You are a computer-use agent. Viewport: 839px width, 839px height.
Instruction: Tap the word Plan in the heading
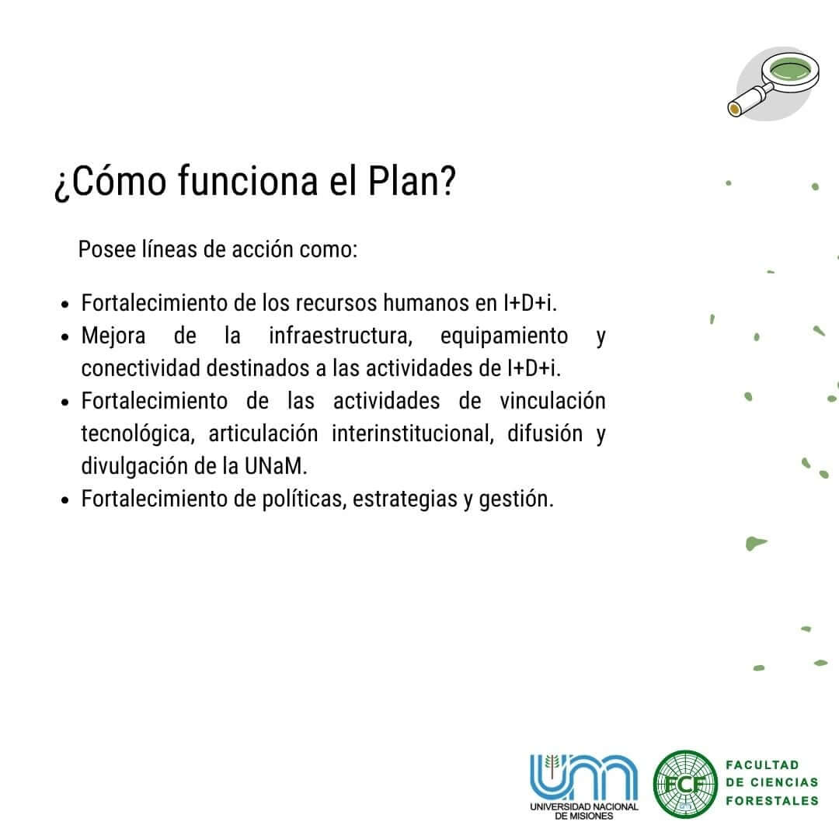[412, 181]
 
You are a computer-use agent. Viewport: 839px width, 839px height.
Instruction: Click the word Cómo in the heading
[118, 181]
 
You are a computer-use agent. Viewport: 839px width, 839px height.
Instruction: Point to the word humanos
[427, 303]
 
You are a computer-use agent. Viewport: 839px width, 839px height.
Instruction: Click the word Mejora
[113, 336]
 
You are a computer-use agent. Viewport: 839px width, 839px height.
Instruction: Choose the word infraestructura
[340, 336]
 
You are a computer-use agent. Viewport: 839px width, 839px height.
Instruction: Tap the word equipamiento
[503, 337]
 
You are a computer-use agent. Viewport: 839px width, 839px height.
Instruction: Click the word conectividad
[141, 368]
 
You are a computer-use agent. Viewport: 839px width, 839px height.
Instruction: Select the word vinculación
[552, 401]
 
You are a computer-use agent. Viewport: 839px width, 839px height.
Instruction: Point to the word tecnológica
[138, 434]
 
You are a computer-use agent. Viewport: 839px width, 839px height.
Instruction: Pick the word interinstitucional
[412, 434]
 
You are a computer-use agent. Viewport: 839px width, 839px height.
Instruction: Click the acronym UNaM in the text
[276, 467]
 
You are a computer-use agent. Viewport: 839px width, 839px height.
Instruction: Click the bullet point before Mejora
[65, 338]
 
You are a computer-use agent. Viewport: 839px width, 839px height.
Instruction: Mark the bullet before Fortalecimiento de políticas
[65, 501]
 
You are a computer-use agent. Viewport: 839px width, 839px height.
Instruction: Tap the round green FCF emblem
[685, 785]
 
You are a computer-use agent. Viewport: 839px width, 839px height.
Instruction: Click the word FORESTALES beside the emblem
[772, 801]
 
